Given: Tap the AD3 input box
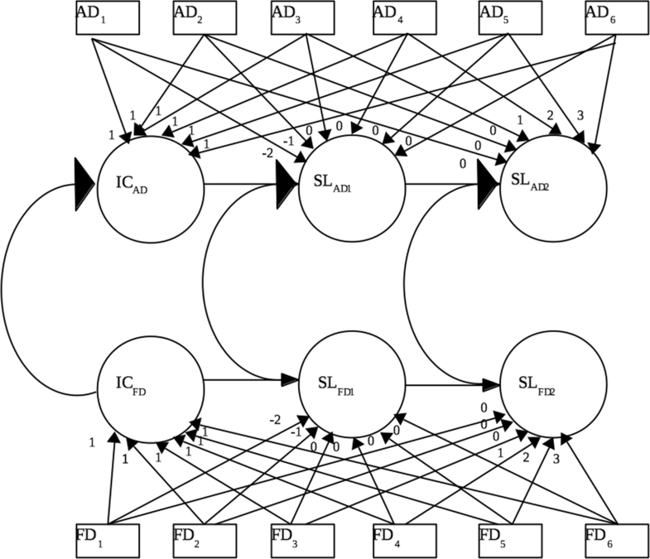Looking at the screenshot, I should [303, 19].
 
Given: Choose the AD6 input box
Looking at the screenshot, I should [614, 19].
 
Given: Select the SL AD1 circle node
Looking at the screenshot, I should [351, 184].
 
